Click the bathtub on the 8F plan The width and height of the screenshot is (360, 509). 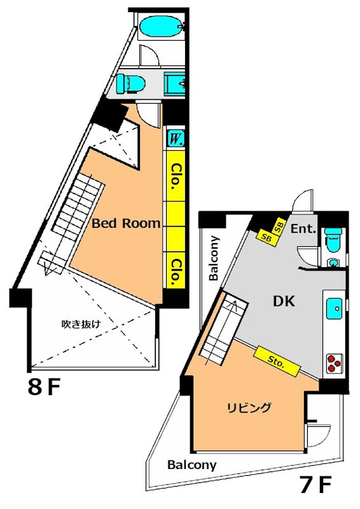click(160, 27)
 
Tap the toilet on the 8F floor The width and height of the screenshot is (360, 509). click(130, 83)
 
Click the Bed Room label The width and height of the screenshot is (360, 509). click(125, 223)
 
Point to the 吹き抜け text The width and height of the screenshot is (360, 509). click(81, 324)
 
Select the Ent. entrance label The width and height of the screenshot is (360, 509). click(303, 229)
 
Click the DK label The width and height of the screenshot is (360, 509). click(284, 302)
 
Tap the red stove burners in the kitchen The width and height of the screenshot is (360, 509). click(335, 363)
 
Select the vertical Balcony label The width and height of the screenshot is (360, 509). click(214, 258)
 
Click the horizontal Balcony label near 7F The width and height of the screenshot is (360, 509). click(191, 465)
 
